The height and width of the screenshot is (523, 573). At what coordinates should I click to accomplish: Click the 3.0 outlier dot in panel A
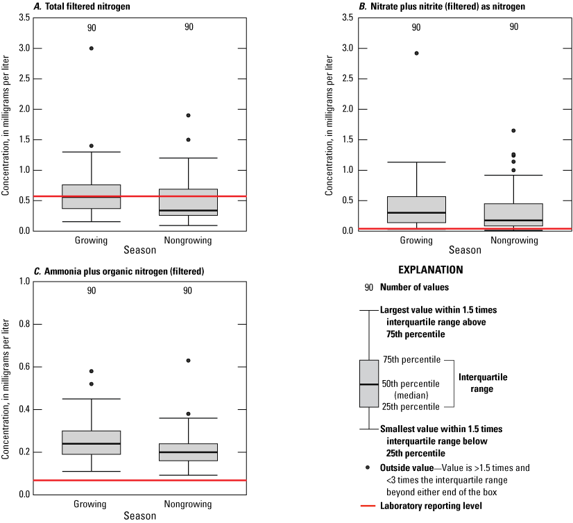pyautogui.click(x=92, y=49)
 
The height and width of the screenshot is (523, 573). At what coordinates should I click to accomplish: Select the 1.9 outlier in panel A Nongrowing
pyautogui.click(x=188, y=115)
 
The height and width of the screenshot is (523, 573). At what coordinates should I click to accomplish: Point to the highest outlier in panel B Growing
pyautogui.click(x=416, y=53)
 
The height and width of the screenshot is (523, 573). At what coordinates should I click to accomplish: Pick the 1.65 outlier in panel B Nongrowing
pyautogui.click(x=513, y=130)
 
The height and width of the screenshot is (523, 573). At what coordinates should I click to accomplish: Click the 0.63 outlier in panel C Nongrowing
pyautogui.click(x=188, y=361)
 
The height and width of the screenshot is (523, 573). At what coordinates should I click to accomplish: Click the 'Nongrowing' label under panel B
pyautogui.click(x=513, y=241)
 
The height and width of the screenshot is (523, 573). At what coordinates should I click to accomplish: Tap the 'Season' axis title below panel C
pyautogui.click(x=139, y=515)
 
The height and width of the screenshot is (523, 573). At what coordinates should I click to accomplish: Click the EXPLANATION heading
pyautogui.click(x=430, y=269)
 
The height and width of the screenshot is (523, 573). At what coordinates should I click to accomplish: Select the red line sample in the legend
pyautogui.click(x=368, y=506)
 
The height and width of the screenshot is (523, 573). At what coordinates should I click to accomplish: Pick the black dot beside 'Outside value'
pyautogui.click(x=368, y=468)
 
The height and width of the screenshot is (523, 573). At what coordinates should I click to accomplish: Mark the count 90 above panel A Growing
pyautogui.click(x=92, y=28)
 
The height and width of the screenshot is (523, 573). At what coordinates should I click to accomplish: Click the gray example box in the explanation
pyautogui.click(x=368, y=384)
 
